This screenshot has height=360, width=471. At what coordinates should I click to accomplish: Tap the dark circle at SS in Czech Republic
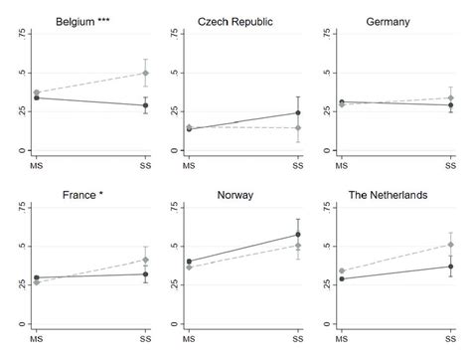click(298, 112)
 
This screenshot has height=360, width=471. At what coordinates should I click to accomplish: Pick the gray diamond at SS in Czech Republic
click(298, 127)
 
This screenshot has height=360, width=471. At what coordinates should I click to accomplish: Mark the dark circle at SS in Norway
click(298, 235)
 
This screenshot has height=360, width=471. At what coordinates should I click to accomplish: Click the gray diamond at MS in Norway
click(190, 268)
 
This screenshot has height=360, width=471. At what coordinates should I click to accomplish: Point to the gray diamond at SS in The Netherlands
click(451, 245)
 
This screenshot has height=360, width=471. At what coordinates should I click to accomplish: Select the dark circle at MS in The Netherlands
click(343, 279)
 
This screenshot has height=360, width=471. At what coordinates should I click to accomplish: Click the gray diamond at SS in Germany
click(451, 98)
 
